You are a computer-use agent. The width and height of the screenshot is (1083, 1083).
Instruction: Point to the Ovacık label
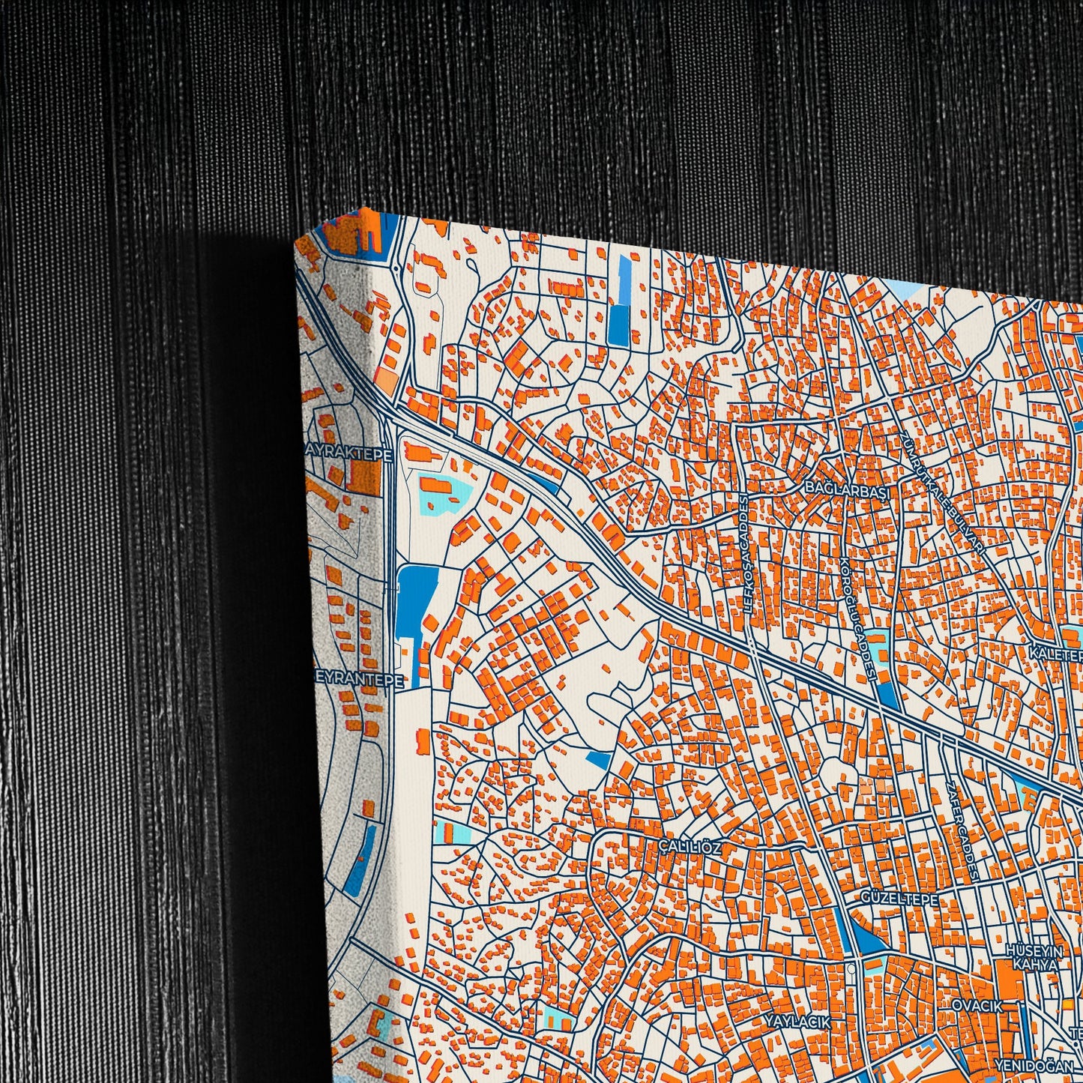tap(976, 1006)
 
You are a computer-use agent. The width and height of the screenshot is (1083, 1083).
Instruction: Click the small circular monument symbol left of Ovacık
tap(854, 968)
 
